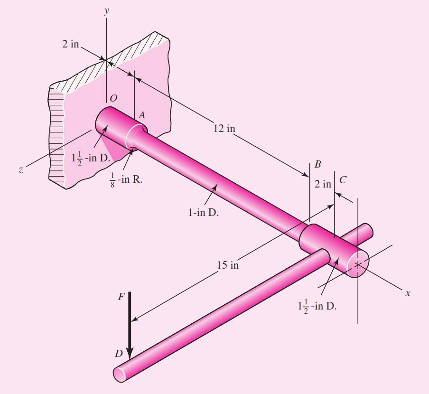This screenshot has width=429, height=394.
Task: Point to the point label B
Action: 317,165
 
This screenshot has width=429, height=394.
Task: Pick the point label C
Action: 343,180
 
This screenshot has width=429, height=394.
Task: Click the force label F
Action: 122,297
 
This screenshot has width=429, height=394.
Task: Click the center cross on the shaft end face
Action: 358,265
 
